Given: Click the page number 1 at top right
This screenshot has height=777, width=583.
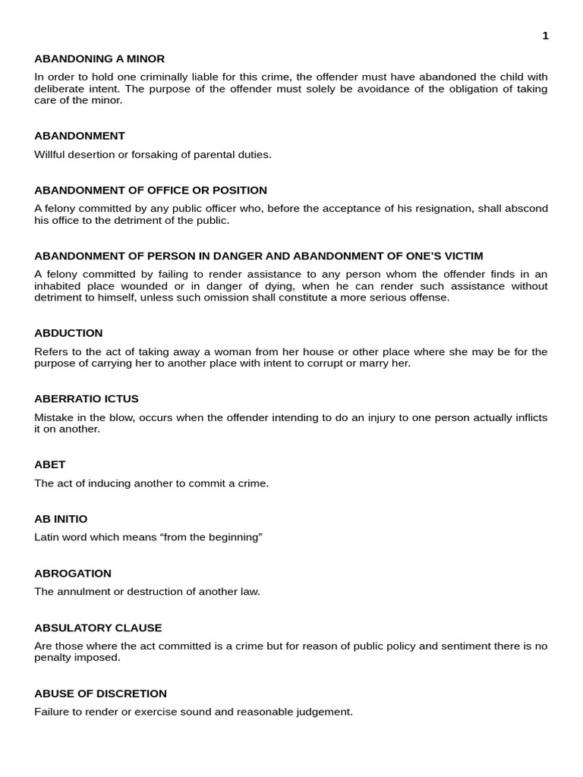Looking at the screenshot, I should [545, 36].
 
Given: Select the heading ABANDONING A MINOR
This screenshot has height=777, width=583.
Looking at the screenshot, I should [99, 58].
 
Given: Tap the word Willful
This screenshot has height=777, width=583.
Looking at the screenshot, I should [50, 154].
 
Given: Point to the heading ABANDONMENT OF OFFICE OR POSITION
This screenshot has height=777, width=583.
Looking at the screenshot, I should [150, 190].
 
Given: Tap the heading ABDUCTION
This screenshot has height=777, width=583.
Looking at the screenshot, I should [68, 332].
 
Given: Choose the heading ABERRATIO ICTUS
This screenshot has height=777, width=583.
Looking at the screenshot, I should [87, 398].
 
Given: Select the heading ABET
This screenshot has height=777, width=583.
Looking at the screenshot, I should [50, 464].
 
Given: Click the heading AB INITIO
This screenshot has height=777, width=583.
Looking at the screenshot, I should [61, 518].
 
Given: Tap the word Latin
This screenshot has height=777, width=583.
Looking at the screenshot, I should [48, 537].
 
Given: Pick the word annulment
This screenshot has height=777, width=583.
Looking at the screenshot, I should [84, 592].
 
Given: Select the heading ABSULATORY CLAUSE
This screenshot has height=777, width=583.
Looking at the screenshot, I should [98, 628].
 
